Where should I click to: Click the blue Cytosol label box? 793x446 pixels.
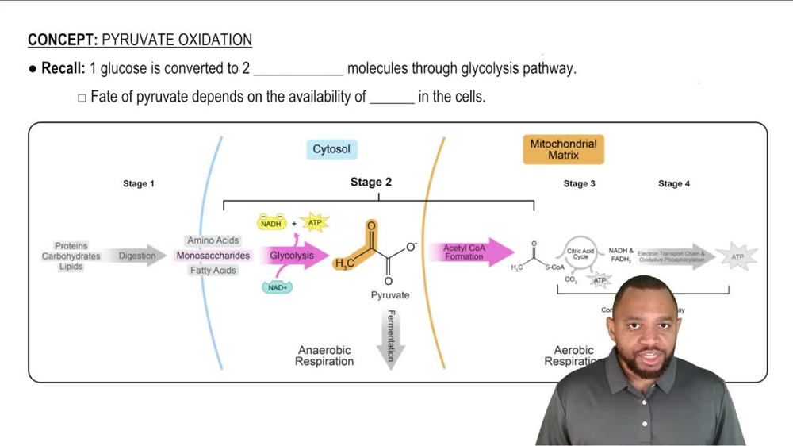[331, 149]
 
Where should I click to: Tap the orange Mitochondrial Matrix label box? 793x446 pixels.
[563, 149]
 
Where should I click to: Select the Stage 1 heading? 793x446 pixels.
[139, 184]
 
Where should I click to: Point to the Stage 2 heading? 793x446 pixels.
[371, 183]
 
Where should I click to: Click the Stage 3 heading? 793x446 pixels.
[580, 184]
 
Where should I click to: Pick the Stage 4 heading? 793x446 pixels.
[674, 184]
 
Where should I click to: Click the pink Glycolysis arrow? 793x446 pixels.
[295, 256]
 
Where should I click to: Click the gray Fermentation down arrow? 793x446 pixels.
[390, 337]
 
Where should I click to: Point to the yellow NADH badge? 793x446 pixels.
[271, 224]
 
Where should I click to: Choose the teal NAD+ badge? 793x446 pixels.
[278, 287]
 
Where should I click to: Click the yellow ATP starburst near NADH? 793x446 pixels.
[315, 223]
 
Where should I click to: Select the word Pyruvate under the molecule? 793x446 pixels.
[390, 295]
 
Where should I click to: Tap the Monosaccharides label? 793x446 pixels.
[213, 256]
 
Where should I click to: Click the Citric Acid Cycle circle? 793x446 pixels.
[580, 255]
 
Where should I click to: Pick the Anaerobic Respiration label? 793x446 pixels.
[324, 356]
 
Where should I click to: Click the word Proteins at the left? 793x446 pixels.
[71, 246]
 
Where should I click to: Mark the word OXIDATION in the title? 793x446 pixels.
[212, 40]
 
